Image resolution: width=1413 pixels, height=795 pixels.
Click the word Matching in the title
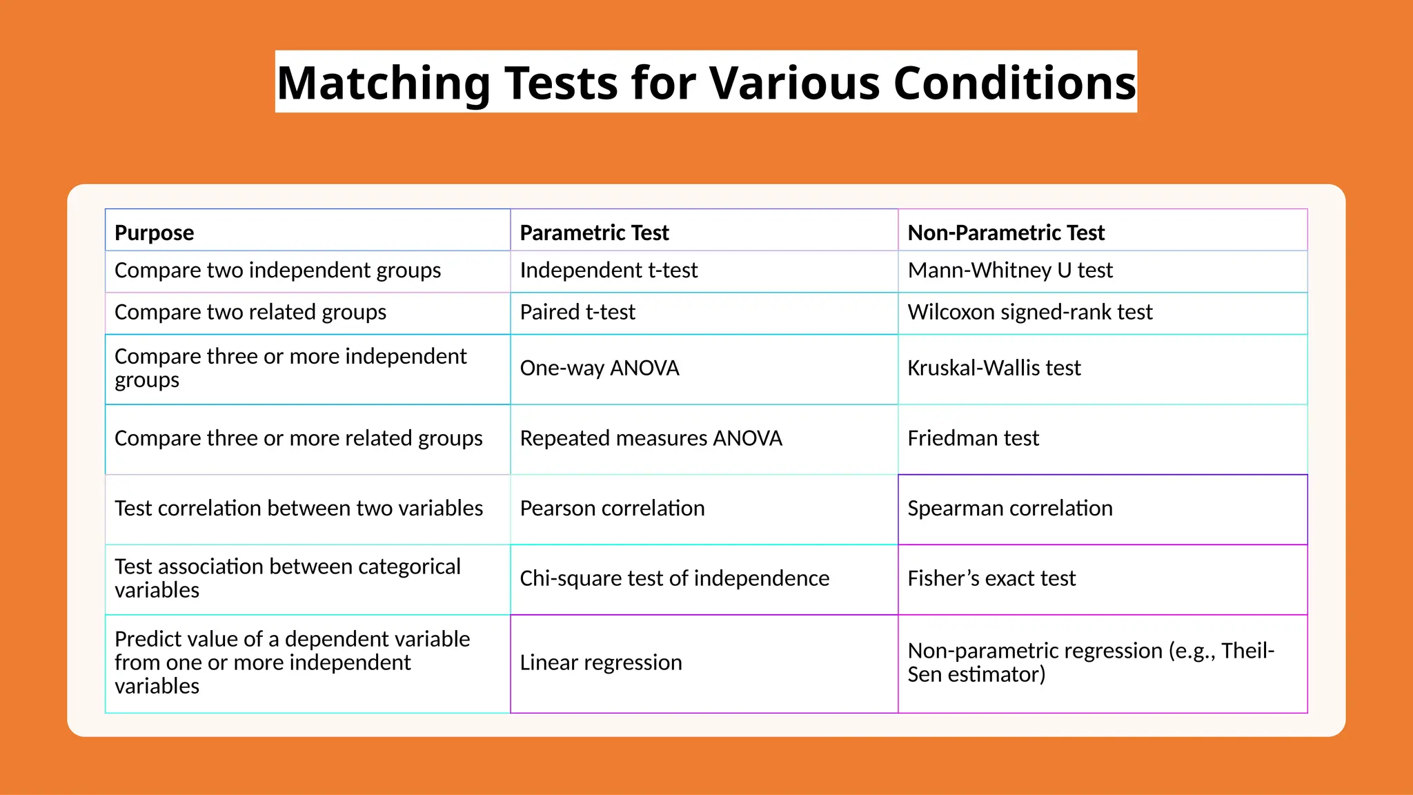[383, 83]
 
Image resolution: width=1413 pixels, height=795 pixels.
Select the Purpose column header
[154, 233]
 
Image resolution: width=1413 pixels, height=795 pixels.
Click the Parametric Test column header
[594, 233]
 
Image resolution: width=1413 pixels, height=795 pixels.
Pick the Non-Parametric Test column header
[1005, 233]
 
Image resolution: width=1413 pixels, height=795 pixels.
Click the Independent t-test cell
[609, 271]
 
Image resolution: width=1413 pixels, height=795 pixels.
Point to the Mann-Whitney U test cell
[1009, 271]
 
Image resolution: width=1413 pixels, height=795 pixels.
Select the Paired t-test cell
[577, 313]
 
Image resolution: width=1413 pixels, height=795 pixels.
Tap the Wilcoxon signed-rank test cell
[1029, 313]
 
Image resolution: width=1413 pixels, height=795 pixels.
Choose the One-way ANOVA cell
[600, 369]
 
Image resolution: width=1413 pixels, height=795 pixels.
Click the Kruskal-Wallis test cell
[994, 369]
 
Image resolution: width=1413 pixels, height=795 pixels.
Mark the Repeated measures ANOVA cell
[651, 439]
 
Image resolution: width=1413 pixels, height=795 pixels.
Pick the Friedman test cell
[973, 439]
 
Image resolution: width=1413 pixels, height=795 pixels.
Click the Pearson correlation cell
[612, 509]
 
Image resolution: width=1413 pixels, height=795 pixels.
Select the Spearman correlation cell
[1009, 509]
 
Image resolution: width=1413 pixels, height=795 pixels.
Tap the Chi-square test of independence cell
[674, 578]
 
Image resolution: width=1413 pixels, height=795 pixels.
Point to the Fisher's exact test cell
[991, 578]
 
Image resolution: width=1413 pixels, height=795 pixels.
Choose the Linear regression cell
[600, 662]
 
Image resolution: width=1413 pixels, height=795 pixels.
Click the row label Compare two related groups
[250, 313]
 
